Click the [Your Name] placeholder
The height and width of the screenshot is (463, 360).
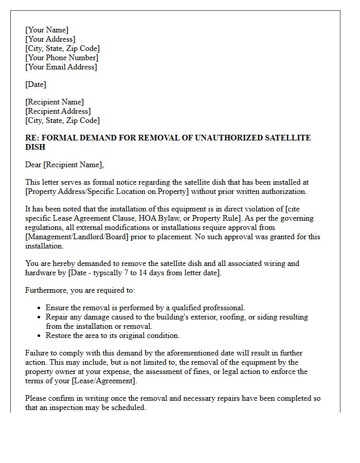[47, 30]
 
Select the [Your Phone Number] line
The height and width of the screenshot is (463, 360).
[62, 58]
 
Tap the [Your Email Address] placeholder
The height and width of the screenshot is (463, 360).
[61, 67]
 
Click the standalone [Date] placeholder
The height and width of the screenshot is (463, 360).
[35, 84]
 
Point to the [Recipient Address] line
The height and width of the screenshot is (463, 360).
[58, 111]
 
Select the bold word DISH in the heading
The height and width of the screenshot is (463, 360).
[35, 147]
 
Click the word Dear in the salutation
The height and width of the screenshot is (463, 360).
[33, 165]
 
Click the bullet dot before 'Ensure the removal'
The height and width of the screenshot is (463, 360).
[40, 308]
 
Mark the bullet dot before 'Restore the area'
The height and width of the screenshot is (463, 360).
[40, 336]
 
